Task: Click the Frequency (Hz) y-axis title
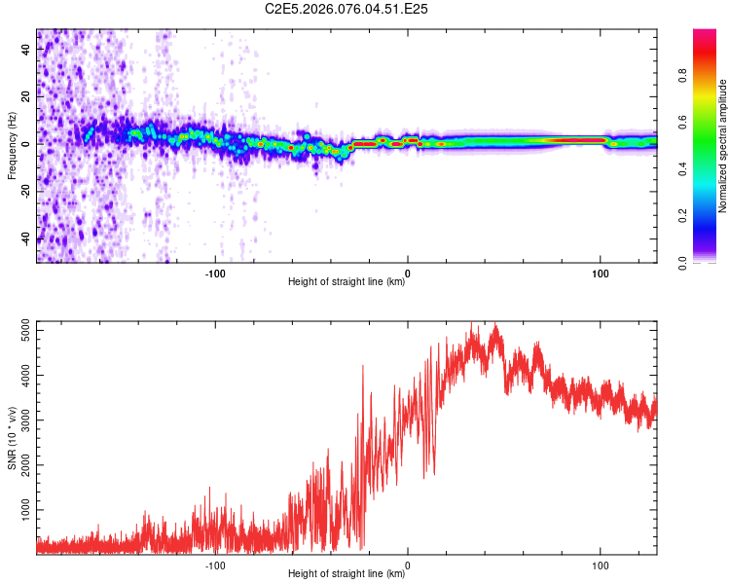[x=12, y=146]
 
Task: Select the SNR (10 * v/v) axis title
[x=12, y=438]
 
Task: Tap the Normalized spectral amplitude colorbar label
[x=722, y=146]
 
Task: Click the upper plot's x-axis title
[x=347, y=281]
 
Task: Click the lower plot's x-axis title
[x=347, y=573]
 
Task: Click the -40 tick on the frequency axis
[x=25, y=238]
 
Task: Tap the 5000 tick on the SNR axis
[x=21, y=333]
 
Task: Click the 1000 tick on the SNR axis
[x=21, y=509]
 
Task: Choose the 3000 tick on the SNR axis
[x=21, y=421]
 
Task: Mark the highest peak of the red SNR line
[x=496, y=324]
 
